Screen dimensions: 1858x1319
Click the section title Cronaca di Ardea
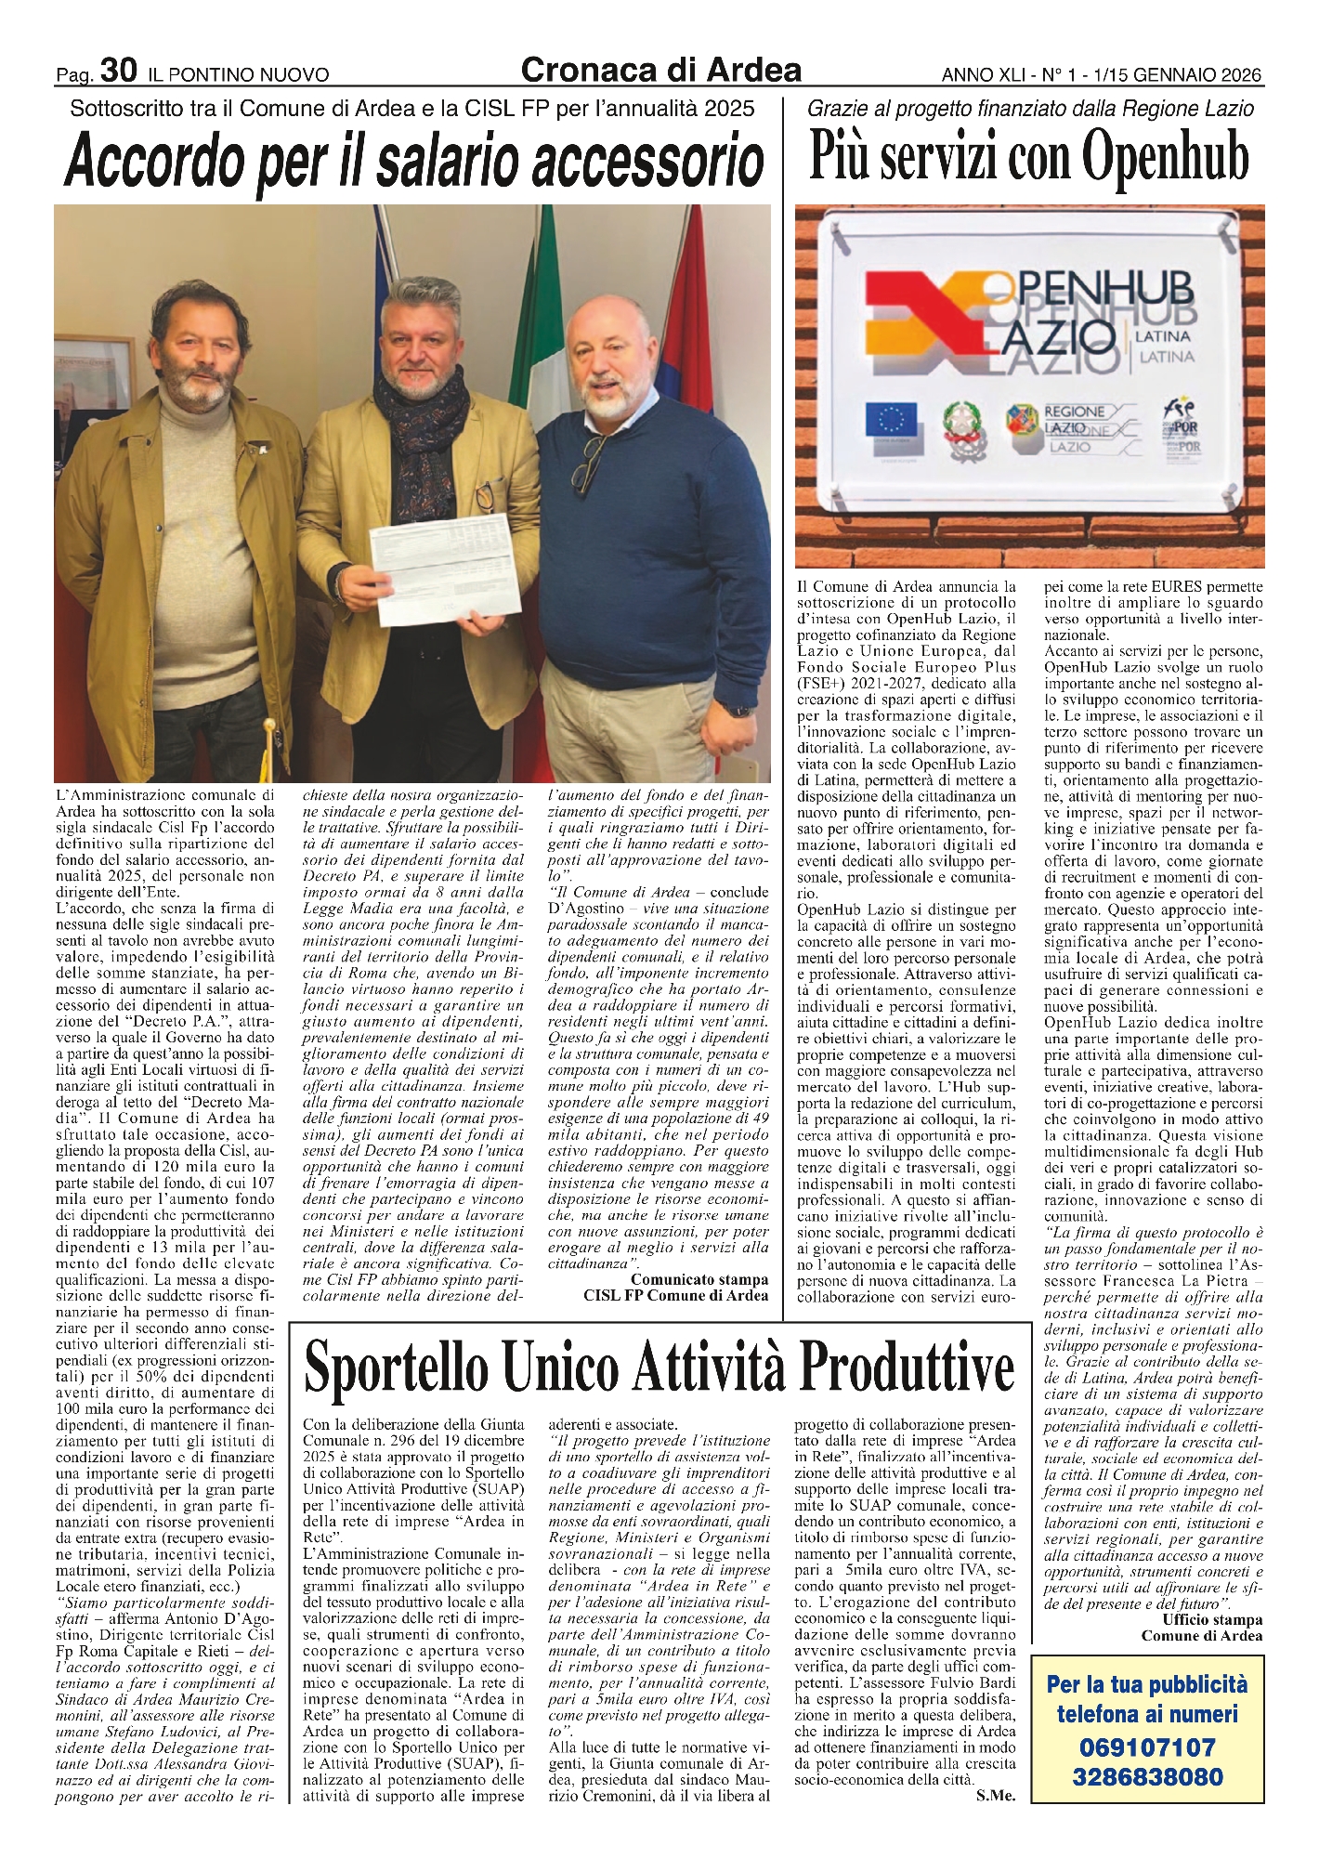click(x=660, y=69)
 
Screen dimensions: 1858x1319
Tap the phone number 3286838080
click(x=1148, y=1778)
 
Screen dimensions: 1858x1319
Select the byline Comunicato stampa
click(x=699, y=1279)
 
